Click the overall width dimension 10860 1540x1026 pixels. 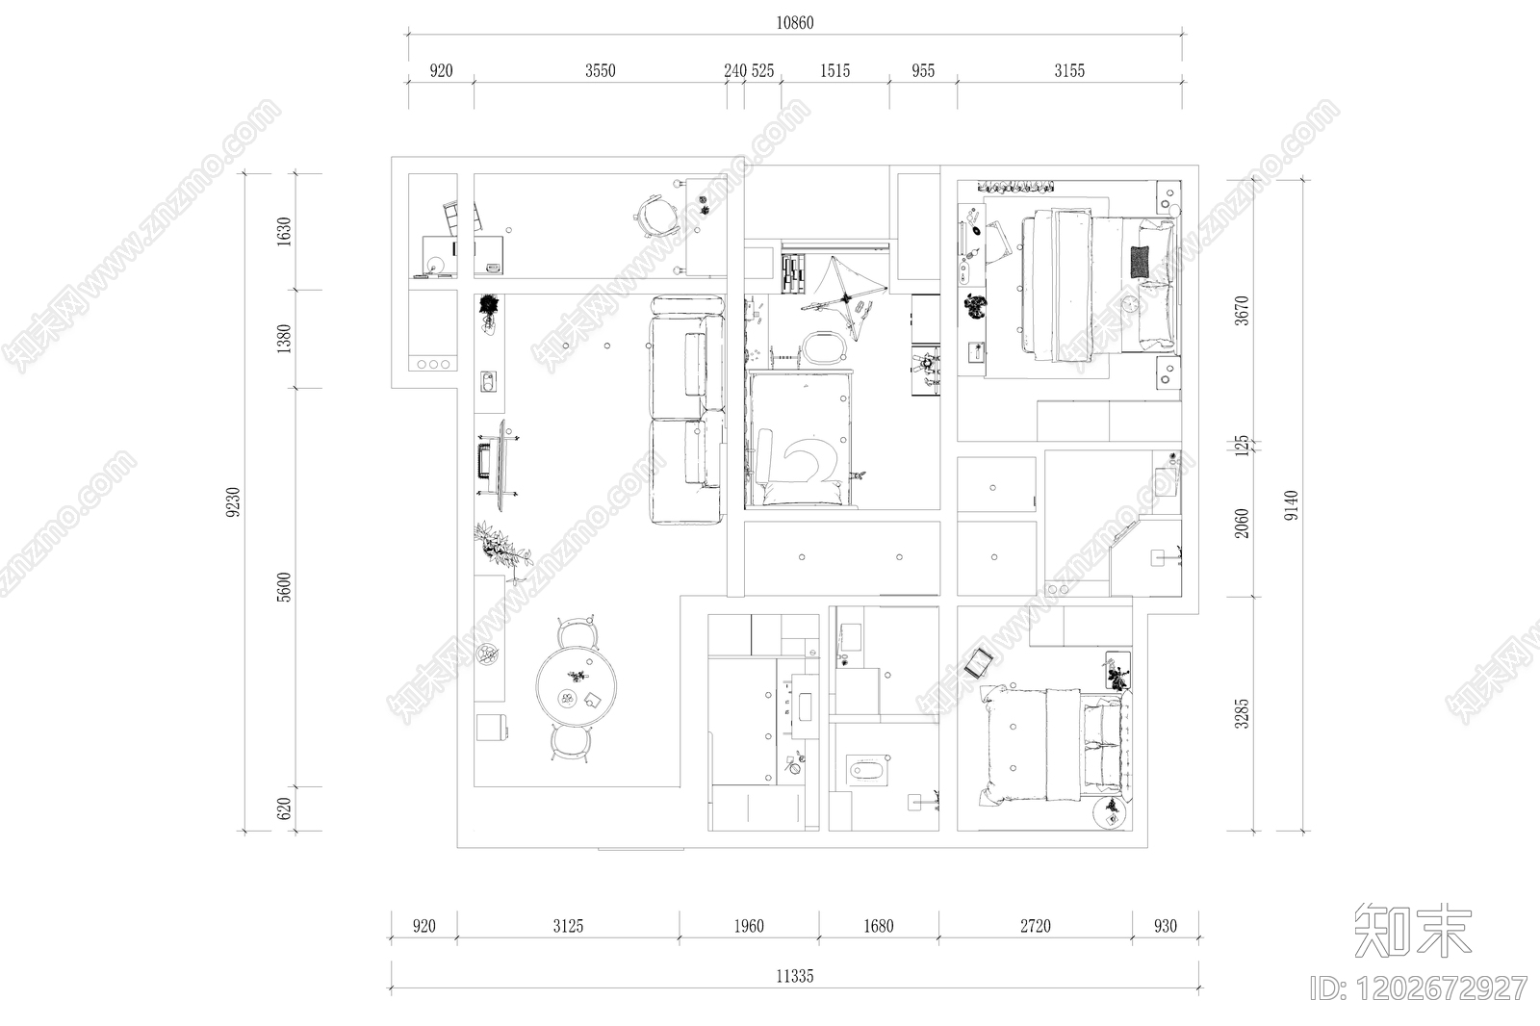(795, 23)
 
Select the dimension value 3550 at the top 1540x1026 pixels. (601, 71)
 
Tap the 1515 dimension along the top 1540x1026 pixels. (834, 71)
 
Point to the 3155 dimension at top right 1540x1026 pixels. (1069, 71)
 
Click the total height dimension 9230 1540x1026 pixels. (234, 502)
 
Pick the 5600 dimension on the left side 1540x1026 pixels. (284, 587)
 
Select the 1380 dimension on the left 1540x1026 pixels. (284, 339)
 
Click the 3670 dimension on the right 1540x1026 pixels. (1241, 311)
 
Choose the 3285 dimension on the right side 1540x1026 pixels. (1241, 714)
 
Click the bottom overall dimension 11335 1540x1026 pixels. (795, 977)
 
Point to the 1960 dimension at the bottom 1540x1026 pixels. (749, 926)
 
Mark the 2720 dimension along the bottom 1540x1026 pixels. (1036, 926)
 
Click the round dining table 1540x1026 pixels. (577, 685)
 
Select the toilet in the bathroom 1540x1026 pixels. (866, 770)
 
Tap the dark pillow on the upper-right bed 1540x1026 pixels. (1140, 262)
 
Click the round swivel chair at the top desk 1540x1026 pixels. (654, 216)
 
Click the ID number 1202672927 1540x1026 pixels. (1419, 988)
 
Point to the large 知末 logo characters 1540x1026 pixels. (1413, 931)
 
